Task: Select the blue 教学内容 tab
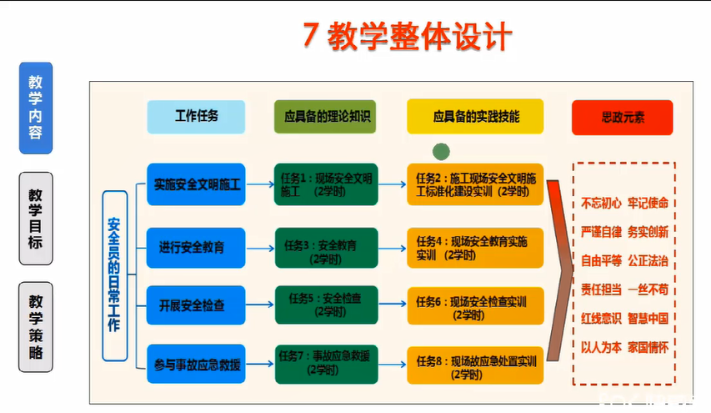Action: click(x=36, y=108)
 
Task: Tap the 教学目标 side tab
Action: click(x=36, y=219)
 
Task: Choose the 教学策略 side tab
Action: click(x=36, y=326)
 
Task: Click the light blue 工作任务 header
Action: click(x=196, y=117)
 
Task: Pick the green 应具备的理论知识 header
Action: click(x=324, y=117)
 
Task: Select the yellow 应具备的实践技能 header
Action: click(x=475, y=117)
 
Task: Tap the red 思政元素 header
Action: click(x=622, y=117)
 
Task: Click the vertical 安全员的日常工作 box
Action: click(x=114, y=274)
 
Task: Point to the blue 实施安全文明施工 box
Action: click(x=196, y=184)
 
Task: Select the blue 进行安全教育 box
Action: click(x=196, y=247)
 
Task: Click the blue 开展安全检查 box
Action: click(x=196, y=305)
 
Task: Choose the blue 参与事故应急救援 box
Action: click(x=196, y=364)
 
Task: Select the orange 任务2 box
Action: click(x=475, y=184)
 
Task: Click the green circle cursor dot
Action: click(x=442, y=151)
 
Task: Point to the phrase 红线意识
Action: click(x=602, y=318)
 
